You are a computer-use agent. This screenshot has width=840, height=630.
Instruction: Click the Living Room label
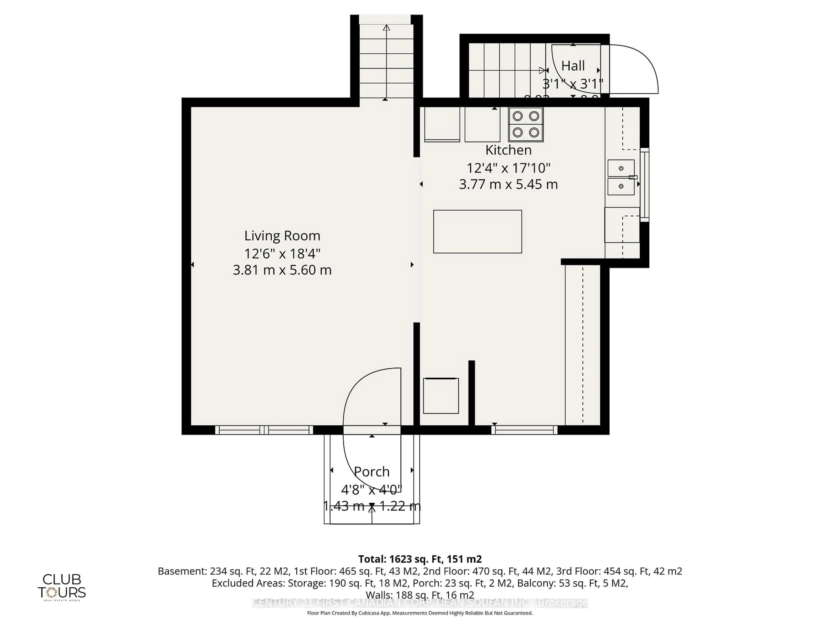282,236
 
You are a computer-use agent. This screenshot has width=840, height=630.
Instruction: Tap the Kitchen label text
508,150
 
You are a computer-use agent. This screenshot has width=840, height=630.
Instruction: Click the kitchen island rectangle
477,232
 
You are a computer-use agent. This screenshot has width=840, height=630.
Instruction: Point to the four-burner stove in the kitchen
526,124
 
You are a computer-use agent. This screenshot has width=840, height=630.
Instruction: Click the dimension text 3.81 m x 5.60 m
282,270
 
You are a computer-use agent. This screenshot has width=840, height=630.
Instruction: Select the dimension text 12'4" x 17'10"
508,168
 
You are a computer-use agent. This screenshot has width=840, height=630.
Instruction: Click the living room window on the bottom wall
264,430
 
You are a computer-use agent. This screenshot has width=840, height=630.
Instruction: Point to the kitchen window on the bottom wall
524,430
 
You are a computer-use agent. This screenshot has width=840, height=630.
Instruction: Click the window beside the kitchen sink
644,185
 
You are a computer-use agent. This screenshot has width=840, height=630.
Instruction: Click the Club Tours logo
62,587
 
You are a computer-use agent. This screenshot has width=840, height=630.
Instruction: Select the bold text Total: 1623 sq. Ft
399,559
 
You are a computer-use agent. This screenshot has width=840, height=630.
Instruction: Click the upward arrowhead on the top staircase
386,28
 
